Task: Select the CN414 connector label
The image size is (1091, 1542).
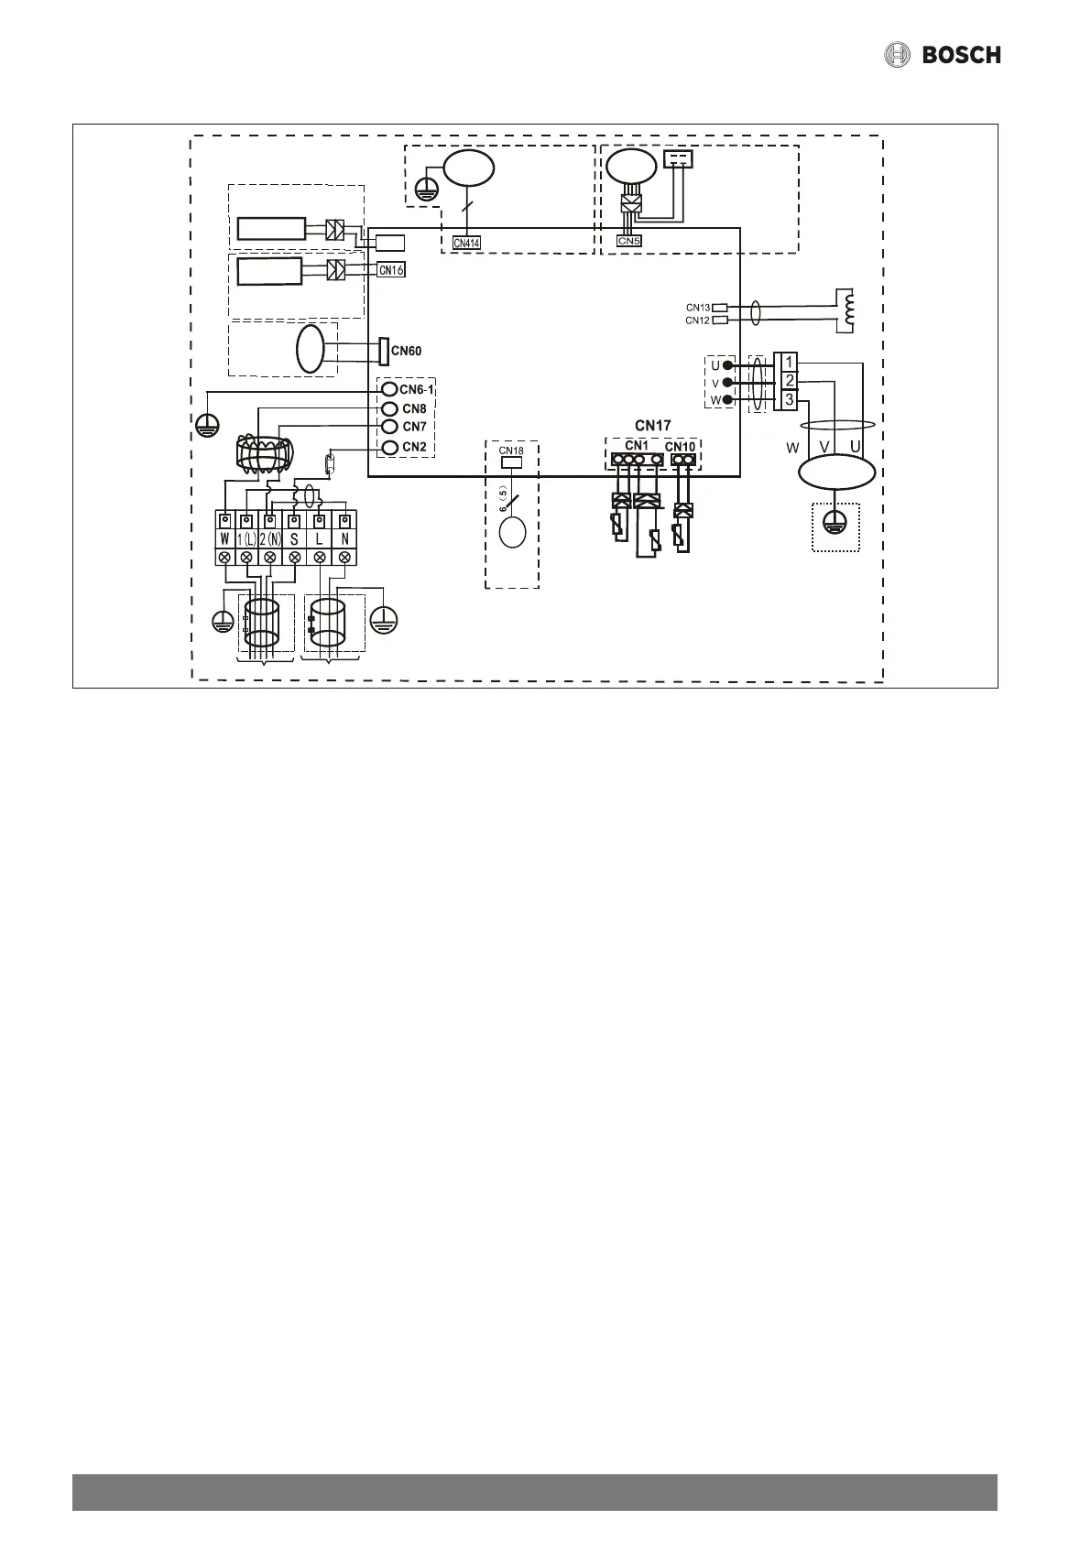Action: pyautogui.click(x=466, y=243)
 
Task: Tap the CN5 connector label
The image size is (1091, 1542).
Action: pyautogui.click(x=628, y=241)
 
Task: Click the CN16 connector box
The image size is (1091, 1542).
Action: pyautogui.click(x=391, y=270)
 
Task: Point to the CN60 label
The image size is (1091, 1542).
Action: pyautogui.click(x=407, y=350)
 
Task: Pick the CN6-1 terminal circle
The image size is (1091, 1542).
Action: pyautogui.click(x=388, y=390)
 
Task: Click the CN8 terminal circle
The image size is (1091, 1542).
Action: pyautogui.click(x=388, y=408)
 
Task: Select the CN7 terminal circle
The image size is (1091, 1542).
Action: pyautogui.click(x=388, y=427)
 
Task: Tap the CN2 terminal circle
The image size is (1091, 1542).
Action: pyautogui.click(x=388, y=447)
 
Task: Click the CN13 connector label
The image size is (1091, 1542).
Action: pyautogui.click(x=697, y=308)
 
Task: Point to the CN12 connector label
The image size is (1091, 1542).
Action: pyautogui.click(x=697, y=320)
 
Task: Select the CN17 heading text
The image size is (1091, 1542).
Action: pyautogui.click(x=653, y=426)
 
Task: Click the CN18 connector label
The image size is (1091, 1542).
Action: pyautogui.click(x=511, y=451)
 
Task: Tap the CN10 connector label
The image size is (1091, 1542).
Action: pyautogui.click(x=680, y=447)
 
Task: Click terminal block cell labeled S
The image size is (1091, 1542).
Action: pyautogui.click(x=294, y=538)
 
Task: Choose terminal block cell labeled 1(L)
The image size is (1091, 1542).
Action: pyautogui.click(x=246, y=538)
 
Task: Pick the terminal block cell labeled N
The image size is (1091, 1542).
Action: pyautogui.click(x=344, y=538)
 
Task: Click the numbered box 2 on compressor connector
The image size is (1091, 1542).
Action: pyautogui.click(x=789, y=381)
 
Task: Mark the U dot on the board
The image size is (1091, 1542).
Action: pyautogui.click(x=728, y=365)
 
